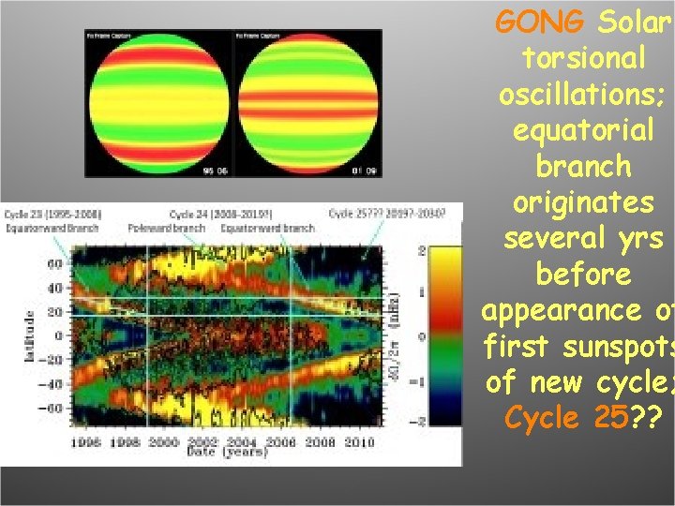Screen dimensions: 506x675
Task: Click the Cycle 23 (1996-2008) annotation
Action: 52,214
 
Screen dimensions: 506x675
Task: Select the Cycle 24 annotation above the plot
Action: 212,214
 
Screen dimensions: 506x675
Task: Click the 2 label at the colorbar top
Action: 422,251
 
